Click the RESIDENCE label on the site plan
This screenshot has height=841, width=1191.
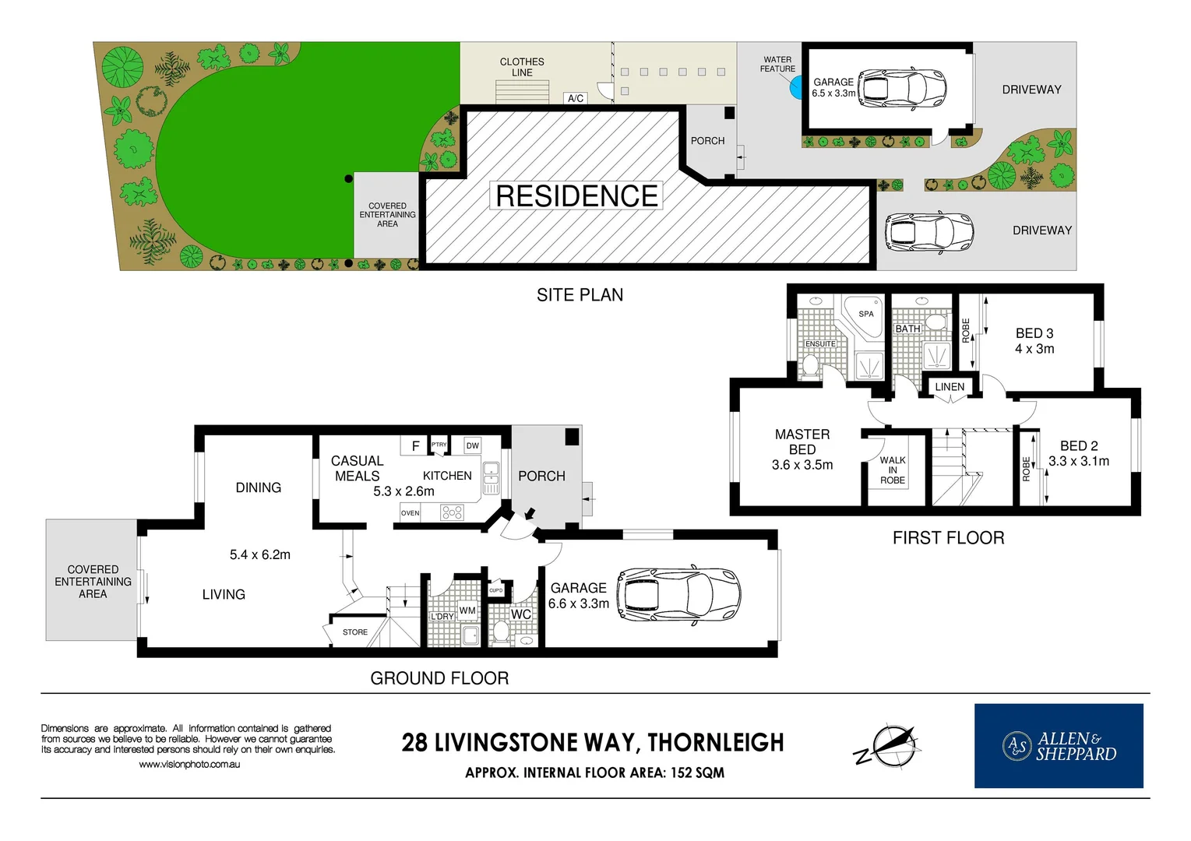[x=576, y=196]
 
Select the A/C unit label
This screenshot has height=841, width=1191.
[x=576, y=98]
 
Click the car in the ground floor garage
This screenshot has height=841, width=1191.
[x=678, y=596]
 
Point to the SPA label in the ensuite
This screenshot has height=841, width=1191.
[x=866, y=314]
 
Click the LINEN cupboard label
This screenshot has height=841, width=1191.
[x=950, y=387]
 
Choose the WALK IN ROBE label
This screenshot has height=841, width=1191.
[x=893, y=470]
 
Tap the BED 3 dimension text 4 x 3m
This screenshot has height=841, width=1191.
[x=1034, y=349]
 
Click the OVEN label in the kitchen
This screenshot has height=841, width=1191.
[x=410, y=513]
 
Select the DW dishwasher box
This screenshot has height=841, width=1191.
[x=473, y=445]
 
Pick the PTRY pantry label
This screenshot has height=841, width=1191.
[x=439, y=445]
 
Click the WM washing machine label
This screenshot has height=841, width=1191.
[x=467, y=611]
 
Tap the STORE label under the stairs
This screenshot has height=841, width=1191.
[x=355, y=632]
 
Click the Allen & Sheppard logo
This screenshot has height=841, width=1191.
[x=1059, y=746]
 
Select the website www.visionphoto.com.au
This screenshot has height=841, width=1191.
[x=189, y=765]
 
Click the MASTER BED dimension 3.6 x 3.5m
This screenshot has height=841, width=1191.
[x=802, y=465]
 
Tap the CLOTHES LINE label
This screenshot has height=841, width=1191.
[x=522, y=67]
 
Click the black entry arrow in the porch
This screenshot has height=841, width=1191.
[x=530, y=514]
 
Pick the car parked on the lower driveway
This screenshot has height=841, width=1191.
[x=928, y=231]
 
